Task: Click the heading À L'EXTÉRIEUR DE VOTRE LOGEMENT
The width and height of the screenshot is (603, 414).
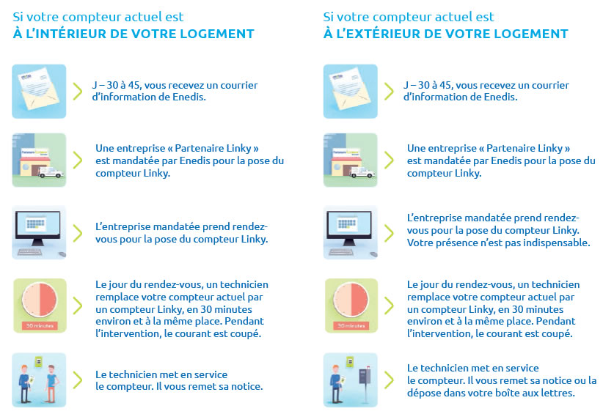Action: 446,34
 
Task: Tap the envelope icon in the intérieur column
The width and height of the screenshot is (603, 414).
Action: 39,91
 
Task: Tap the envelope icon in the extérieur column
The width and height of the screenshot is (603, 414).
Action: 350,91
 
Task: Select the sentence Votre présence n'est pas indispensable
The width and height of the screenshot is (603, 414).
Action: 498,243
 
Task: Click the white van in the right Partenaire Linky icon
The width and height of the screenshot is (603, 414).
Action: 365,174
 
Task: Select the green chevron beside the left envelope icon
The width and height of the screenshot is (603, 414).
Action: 78,91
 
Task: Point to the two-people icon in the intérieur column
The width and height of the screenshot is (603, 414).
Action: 39,380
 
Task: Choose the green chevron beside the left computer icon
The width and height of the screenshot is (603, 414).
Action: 78,232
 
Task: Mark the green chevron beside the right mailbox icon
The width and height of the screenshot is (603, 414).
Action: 389,380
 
